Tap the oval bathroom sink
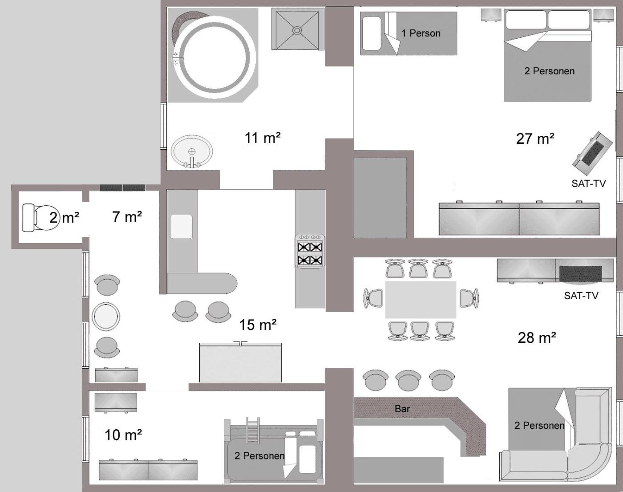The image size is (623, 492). [192, 151]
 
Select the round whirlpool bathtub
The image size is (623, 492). [215, 57]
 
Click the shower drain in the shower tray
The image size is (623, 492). [297, 30]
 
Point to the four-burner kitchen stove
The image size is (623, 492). [310, 251]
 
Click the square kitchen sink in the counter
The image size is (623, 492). [181, 227]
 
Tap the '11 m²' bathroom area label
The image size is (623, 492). [263, 138]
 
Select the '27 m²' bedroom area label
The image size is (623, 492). [535, 138]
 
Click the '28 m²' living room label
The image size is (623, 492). [537, 338]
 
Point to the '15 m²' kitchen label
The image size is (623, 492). [258, 325]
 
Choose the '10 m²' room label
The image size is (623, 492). [123, 435]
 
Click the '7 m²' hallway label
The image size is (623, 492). [127, 217]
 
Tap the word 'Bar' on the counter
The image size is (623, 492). [402, 409]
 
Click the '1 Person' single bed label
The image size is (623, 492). [421, 33]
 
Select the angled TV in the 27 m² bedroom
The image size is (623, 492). [592, 153]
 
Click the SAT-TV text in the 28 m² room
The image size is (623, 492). [581, 296]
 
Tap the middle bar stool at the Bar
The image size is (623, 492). [408, 380]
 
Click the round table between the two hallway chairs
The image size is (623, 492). [106, 317]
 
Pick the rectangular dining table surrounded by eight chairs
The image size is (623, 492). [421, 300]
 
